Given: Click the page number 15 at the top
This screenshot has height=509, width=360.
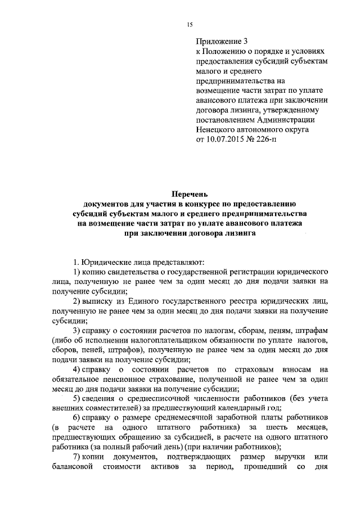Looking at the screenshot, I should coord(190,24).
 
